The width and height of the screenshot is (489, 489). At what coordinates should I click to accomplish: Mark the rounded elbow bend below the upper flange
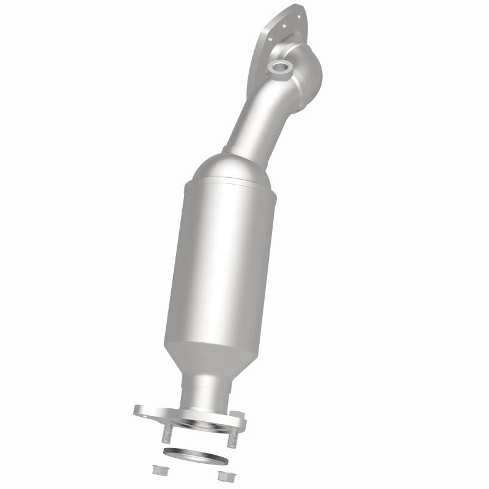(306, 76)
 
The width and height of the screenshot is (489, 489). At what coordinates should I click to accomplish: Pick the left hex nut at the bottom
(160, 469)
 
